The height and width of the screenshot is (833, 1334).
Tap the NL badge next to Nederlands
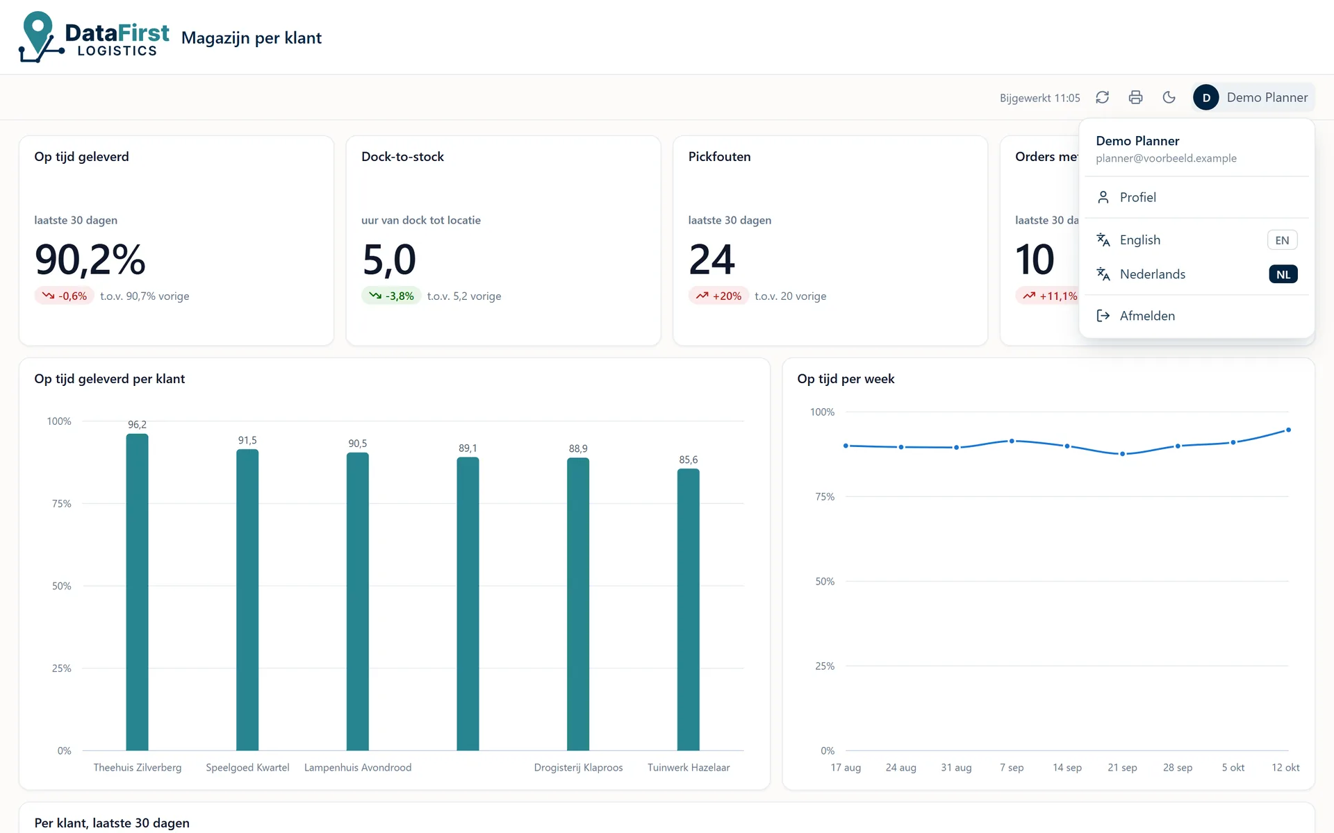[x=1283, y=274]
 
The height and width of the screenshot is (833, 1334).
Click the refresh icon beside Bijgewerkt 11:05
[x=1103, y=97]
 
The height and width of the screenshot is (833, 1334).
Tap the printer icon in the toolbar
[x=1136, y=97]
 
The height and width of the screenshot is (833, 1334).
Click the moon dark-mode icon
[x=1169, y=97]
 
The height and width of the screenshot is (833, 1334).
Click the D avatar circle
[x=1206, y=97]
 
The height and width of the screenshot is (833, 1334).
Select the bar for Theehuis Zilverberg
[x=137, y=592]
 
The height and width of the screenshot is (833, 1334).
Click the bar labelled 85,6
[x=689, y=609]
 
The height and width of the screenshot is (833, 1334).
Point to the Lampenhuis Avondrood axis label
[x=358, y=768]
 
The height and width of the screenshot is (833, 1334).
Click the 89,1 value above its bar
[x=468, y=448]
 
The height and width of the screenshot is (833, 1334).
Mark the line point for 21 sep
[x=1122, y=454]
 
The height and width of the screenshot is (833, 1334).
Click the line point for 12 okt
[x=1288, y=430]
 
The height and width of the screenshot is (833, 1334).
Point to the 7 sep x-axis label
[x=1012, y=768]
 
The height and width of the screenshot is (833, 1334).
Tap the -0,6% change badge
[x=64, y=296]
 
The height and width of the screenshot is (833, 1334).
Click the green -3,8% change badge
[x=391, y=296]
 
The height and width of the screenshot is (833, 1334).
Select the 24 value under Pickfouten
[x=711, y=260]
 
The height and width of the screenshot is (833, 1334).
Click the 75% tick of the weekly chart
[x=825, y=497]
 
